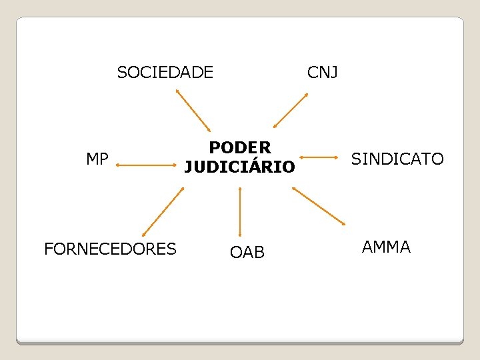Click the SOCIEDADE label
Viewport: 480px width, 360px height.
165,72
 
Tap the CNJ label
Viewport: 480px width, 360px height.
323,72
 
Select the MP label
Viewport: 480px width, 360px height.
97,159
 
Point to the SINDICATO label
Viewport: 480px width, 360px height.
397,159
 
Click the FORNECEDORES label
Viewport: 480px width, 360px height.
110,249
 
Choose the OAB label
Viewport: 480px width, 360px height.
247,253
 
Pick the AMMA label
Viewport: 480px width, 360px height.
386,247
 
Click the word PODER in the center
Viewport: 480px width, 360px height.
240,147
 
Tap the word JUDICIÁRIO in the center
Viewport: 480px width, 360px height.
239,167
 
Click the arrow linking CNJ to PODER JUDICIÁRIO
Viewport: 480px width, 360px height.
291,111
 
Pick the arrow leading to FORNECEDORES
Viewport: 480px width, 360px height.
163,212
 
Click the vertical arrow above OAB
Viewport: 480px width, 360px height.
239,211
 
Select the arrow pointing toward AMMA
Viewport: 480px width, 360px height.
319,205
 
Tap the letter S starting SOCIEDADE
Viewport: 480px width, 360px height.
122,72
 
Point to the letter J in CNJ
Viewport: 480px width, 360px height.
334,72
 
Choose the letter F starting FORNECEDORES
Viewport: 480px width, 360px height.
49,249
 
